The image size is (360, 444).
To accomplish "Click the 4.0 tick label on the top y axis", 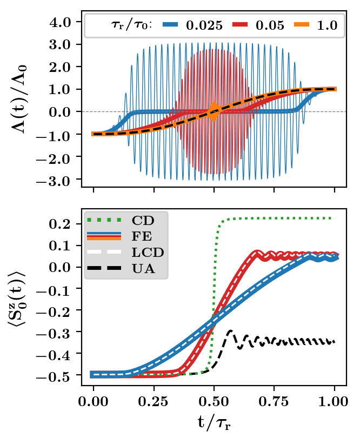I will [x=61, y=22].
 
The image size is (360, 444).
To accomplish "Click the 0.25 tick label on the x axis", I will [x=154, y=402].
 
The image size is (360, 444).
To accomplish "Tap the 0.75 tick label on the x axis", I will [x=275, y=402].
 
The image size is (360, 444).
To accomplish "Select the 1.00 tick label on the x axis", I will [x=335, y=402].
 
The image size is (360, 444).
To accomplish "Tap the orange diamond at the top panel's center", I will [x=214, y=111].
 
